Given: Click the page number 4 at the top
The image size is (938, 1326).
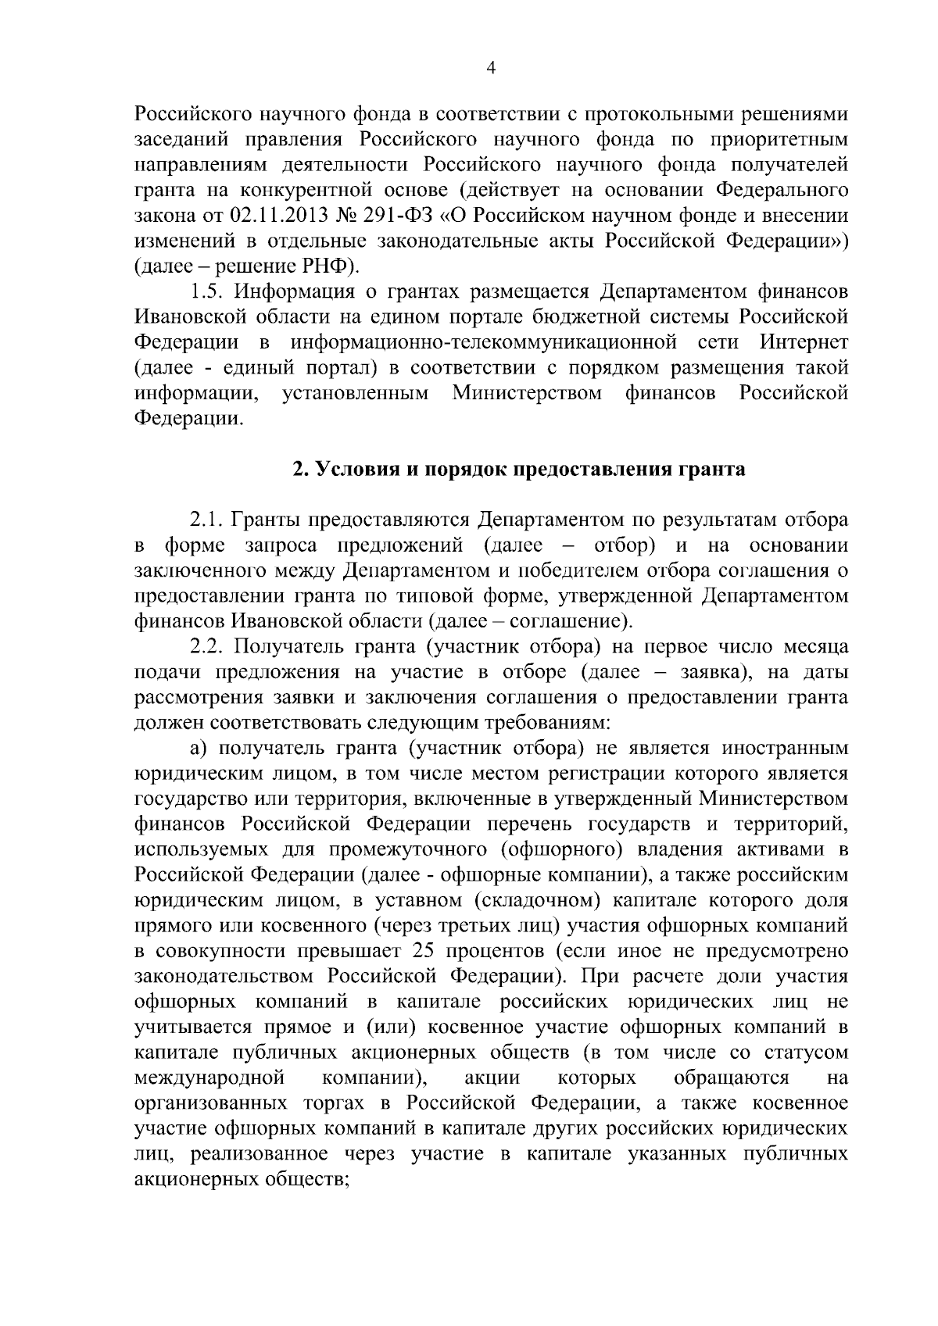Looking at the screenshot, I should click(x=490, y=68).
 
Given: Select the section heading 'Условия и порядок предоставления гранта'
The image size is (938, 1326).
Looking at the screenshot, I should click(x=519, y=470).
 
